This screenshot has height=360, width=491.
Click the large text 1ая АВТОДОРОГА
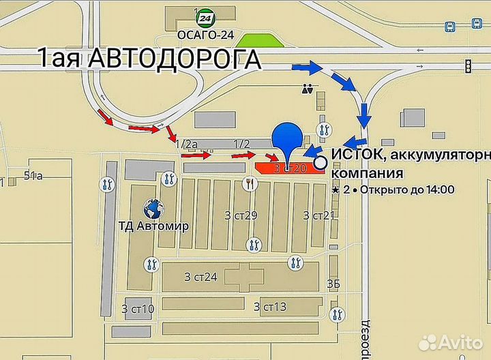pos(150,59)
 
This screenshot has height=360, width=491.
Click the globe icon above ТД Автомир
pos(151,207)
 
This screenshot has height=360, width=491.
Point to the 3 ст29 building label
pos(241,215)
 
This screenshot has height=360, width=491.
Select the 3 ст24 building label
pos(200,276)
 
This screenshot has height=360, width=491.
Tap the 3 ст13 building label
pos(269,307)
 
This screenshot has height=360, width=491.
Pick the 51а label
pos(33,176)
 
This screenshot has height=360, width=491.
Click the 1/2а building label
pos(186,144)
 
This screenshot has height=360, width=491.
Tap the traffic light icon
pos(468,66)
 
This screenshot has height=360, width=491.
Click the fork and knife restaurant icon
pos(250,182)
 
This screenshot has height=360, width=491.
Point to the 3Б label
pos(333,284)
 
